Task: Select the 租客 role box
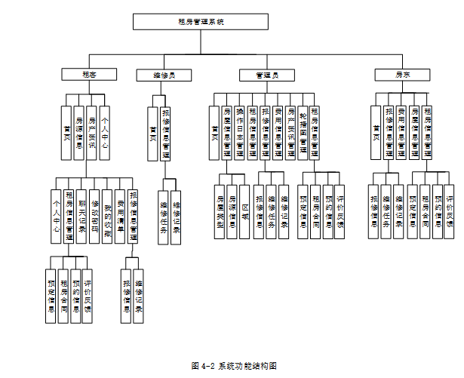(89, 75)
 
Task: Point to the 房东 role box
(403, 75)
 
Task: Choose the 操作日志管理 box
(239, 132)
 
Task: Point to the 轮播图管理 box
(303, 132)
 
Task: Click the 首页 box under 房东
(376, 132)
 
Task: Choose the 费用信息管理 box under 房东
(401, 132)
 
